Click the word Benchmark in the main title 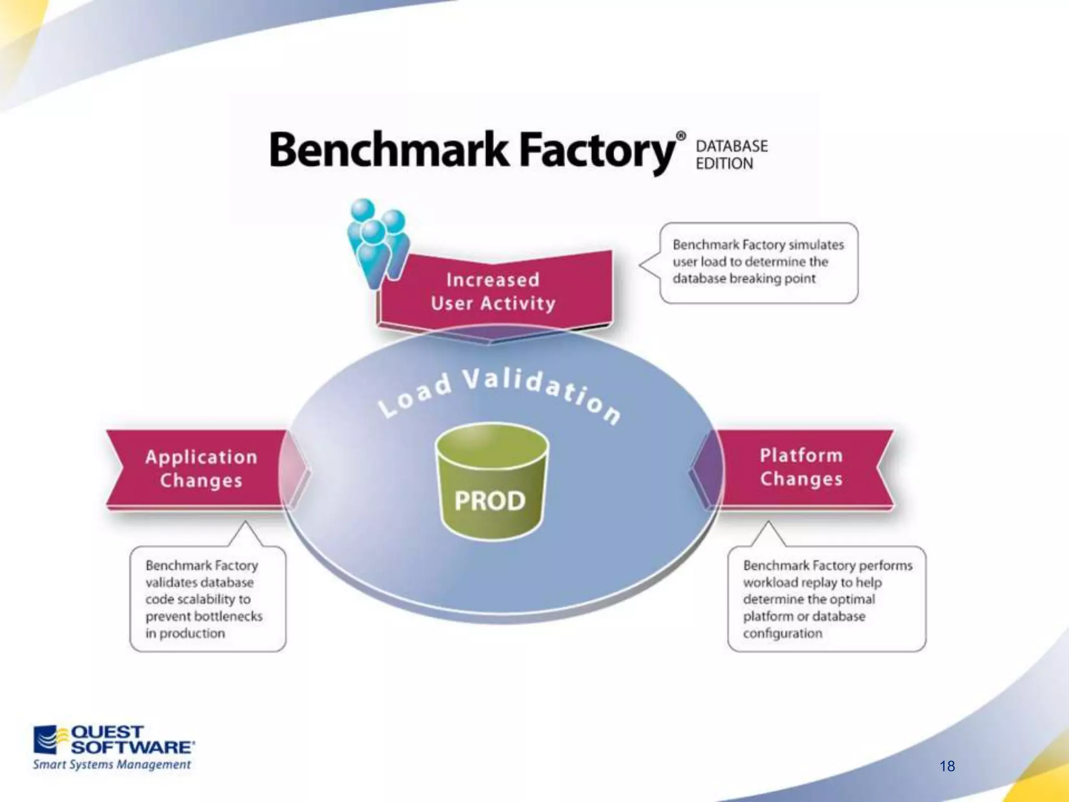pyautogui.click(x=388, y=150)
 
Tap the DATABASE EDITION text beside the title pyautogui.click(x=731, y=155)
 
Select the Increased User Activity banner pyautogui.click(x=494, y=291)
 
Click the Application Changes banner pyautogui.click(x=201, y=468)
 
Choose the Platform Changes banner pyautogui.click(x=801, y=467)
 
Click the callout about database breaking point pyautogui.click(x=758, y=262)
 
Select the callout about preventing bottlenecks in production pyautogui.click(x=207, y=599)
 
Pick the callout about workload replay pyautogui.click(x=827, y=599)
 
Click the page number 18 pyautogui.click(x=947, y=766)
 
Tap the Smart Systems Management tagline pyautogui.click(x=112, y=764)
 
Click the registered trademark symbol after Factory pyautogui.click(x=681, y=136)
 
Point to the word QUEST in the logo pyautogui.click(x=106, y=732)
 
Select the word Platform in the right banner pyautogui.click(x=801, y=455)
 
